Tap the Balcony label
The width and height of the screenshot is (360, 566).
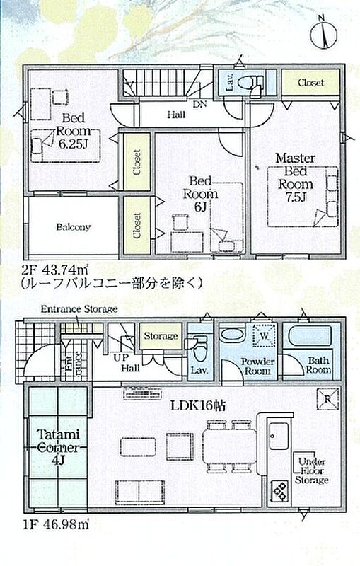(74, 227)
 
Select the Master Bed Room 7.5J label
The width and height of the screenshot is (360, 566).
(296, 178)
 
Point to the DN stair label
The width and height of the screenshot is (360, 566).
(199, 104)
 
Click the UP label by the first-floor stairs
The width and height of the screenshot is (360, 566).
(121, 358)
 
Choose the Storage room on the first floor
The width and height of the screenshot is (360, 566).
(161, 336)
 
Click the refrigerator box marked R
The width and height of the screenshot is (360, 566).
(327, 399)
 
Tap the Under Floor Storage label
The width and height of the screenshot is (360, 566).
(311, 470)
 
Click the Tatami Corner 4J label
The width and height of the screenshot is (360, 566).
(58, 447)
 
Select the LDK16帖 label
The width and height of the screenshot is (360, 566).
(198, 405)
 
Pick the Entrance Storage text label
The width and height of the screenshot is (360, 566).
(79, 309)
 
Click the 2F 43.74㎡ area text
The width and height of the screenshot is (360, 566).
(55, 270)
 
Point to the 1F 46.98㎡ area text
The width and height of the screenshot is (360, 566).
(55, 524)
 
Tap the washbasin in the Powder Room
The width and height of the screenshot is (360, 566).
(233, 333)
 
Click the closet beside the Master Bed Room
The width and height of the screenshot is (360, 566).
(310, 83)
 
